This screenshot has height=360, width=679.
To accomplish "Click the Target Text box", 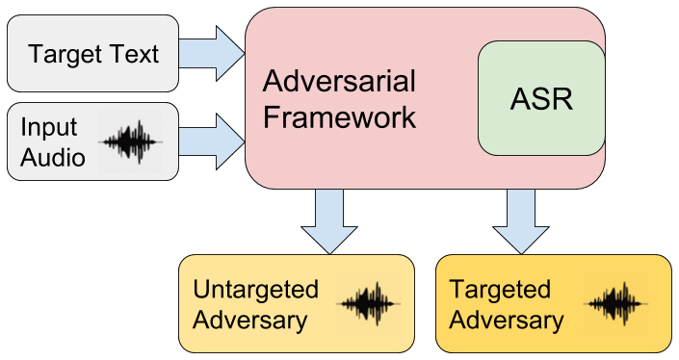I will tap(93, 53).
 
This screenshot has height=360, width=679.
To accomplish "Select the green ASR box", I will tap(541, 99).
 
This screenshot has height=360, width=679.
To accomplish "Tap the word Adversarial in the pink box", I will tap(339, 80).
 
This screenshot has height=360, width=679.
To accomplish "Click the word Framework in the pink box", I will tap(339, 117).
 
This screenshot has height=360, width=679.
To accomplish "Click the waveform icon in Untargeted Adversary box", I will tap(367, 304).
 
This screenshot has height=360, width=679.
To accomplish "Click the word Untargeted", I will tap(255, 290).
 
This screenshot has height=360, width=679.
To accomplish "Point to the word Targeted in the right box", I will tap(500, 290).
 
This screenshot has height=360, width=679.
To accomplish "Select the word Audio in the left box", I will tap(53, 157).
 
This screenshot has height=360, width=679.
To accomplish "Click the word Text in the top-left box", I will tap(135, 54).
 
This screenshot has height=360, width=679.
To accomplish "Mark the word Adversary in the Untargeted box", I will tap(250, 321).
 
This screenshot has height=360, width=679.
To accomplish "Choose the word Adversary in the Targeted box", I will tap(507, 321).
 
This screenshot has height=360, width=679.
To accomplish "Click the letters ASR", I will tap(541, 99).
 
